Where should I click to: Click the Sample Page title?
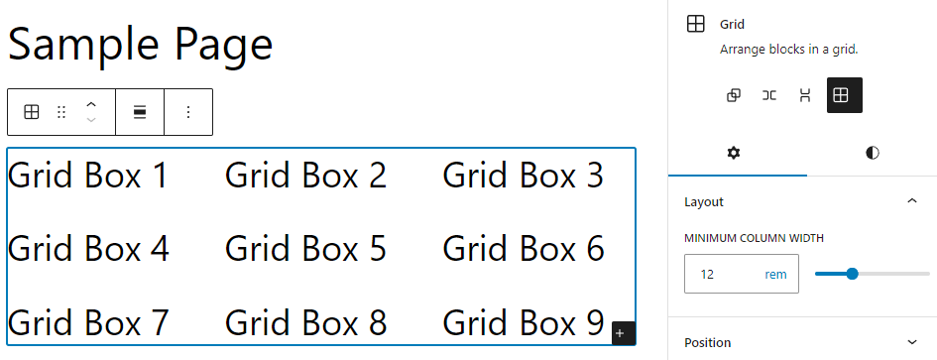140,45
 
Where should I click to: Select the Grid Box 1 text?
88,176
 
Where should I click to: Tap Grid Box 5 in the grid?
305,248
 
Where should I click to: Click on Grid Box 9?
523,322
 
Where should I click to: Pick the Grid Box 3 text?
523,176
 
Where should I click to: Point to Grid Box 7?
88,322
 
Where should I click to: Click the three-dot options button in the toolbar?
188,112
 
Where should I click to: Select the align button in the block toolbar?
140,112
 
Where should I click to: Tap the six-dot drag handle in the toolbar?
61,112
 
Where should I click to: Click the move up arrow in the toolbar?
91,104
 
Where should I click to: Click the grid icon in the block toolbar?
32,112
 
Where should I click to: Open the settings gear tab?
734,153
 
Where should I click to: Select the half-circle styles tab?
872,153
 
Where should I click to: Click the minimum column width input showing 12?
720,274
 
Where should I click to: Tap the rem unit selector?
775,274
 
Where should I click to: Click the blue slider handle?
852,274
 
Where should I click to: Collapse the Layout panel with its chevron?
912,201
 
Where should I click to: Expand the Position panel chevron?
912,342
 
